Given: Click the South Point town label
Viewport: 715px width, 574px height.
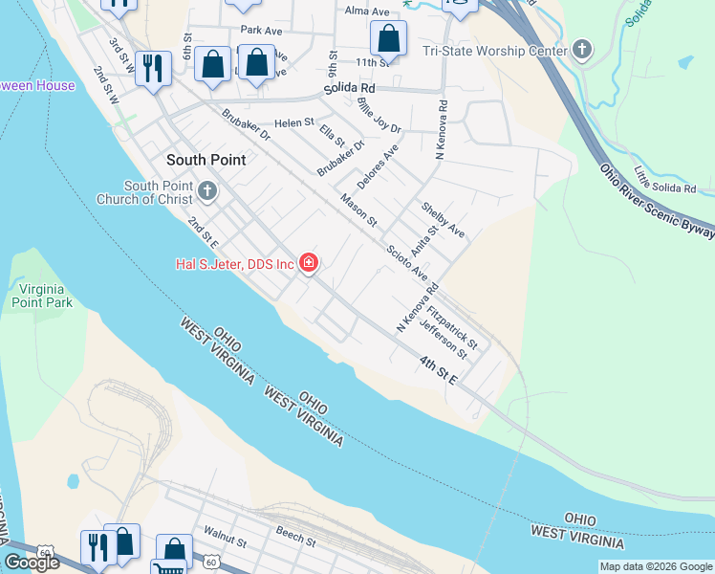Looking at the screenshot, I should pyautogui.click(x=206, y=160).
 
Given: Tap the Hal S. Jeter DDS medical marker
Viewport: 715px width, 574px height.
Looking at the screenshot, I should pyautogui.click(x=308, y=262).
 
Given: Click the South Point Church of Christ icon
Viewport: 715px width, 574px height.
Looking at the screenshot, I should pyautogui.click(x=207, y=193).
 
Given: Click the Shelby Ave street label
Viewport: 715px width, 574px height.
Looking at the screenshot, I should pyautogui.click(x=443, y=220).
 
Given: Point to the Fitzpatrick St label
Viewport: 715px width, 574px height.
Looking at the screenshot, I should pyautogui.click(x=452, y=325).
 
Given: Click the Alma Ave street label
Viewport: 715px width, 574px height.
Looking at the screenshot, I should pyautogui.click(x=368, y=11).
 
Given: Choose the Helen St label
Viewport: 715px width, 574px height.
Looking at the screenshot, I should pyautogui.click(x=294, y=122).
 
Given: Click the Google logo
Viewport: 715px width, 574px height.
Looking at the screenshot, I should pyautogui.click(x=32, y=563).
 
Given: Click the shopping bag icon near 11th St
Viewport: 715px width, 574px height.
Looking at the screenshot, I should pyautogui.click(x=388, y=40).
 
